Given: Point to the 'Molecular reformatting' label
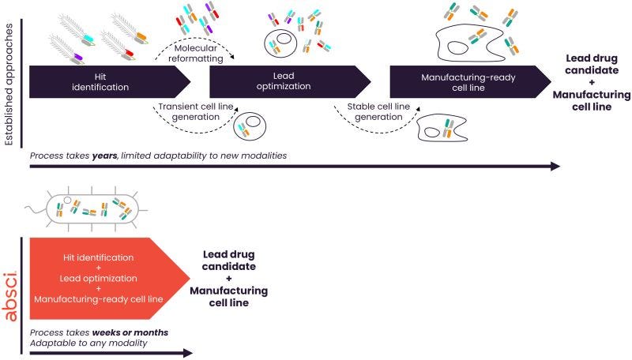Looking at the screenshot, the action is pyautogui.click(x=195, y=53).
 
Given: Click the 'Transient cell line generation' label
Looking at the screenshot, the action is pyautogui.click(x=195, y=111).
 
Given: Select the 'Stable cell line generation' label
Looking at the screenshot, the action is pyautogui.click(x=378, y=111).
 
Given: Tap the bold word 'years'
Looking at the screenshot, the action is pyautogui.click(x=104, y=156).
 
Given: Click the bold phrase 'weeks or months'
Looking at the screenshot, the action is pyautogui.click(x=130, y=332).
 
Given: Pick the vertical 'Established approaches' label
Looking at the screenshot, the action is pyautogui.click(x=9, y=84).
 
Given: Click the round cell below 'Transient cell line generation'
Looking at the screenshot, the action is pyautogui.click(x=250, y=126).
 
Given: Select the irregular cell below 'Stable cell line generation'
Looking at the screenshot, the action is pyautogui.click(x=442, y=129).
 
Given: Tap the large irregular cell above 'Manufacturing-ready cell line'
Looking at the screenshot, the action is pyautogui.click(x=470, y=43).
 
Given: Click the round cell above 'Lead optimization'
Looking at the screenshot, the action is pyautogui.click(x=280, y=43).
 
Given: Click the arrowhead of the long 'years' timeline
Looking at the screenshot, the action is pyautogui.click(x=555, y=167).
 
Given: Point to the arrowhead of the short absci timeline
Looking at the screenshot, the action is pyautogui.click(x=188, y=353).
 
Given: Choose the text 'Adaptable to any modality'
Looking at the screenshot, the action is pyautogui.click(x=88, y=343).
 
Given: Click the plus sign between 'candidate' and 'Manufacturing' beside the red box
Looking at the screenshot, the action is pyautogui.click(x=229, y=278).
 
